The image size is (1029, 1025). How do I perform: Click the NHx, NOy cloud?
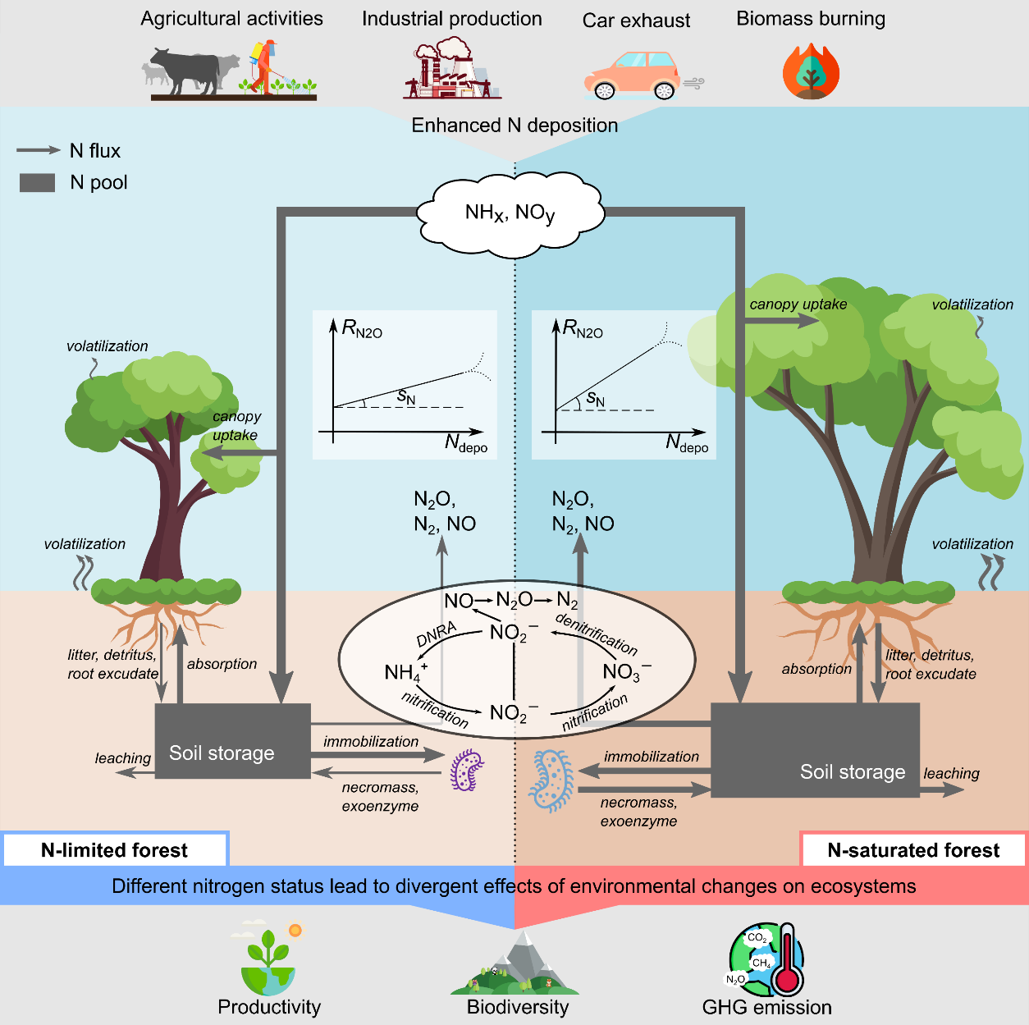[510, 213]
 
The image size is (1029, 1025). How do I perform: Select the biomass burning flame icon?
[811, 71]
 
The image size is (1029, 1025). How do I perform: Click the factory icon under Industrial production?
[450, 70]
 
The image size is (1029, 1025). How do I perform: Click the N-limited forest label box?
[115, 850]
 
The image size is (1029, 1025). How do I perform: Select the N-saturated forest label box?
[912, 850]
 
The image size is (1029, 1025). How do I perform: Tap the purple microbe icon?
[467, 771]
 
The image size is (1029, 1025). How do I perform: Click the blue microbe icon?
[552, 780]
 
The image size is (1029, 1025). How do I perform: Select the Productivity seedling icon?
[268, 960]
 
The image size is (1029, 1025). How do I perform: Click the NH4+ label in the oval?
[405, 673]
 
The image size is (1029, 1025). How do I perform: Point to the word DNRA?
[436, 634]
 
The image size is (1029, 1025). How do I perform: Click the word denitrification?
[596, 633]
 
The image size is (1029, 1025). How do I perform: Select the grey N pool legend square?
[37, 182]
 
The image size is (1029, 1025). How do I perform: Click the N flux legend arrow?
[38, 150]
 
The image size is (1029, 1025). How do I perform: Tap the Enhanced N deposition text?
[514, 126]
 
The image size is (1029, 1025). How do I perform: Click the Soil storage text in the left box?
[222, 753]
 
